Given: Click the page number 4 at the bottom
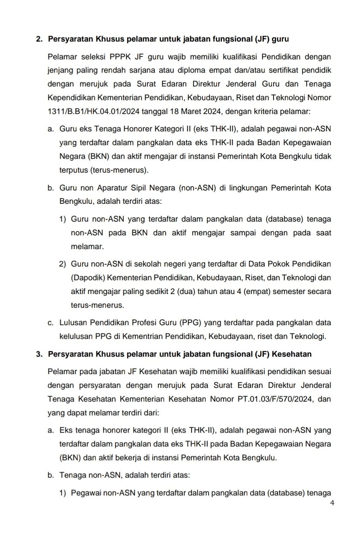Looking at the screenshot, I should click(x=332, y=503).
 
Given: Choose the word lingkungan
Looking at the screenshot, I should click(x=239, y=188).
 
